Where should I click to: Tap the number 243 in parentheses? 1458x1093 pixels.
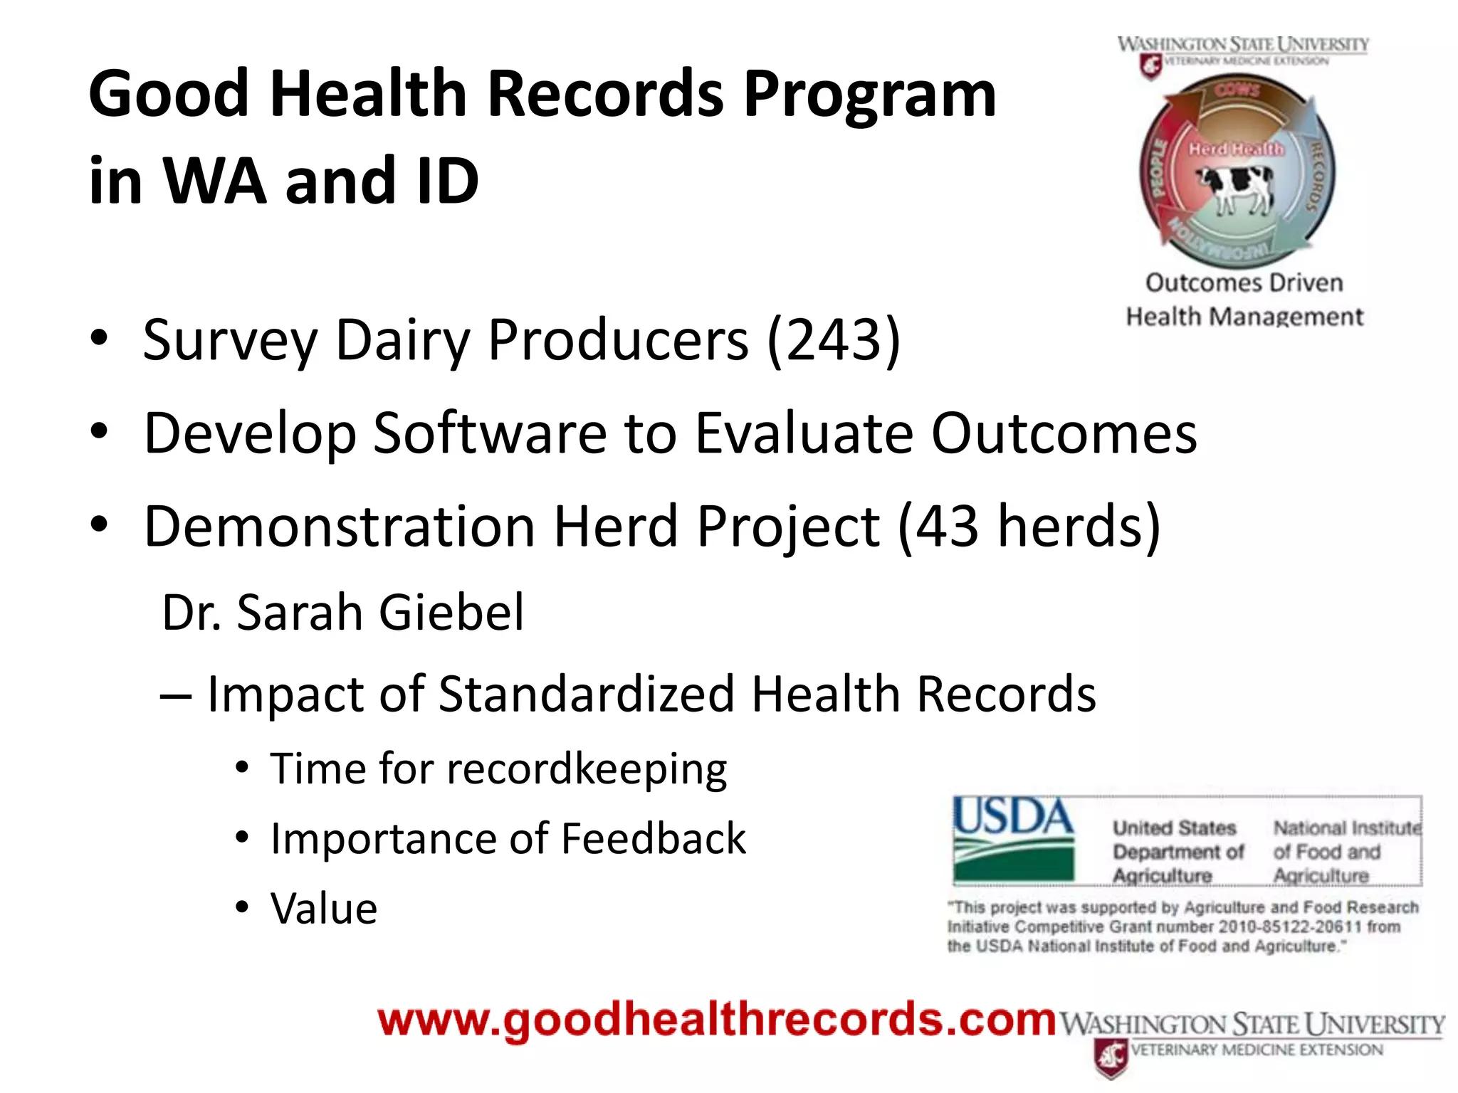tap(834, 340)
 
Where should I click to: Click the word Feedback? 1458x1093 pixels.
tap(653, 838)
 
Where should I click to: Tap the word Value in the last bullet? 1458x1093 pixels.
tap(324, 909)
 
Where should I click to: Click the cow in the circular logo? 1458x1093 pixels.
tap(1237, 187)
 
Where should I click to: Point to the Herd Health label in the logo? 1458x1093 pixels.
tap(1237, 149)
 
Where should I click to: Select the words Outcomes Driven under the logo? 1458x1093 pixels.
tap(1244, 283)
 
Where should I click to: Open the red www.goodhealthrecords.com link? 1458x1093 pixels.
tap(716, 1020)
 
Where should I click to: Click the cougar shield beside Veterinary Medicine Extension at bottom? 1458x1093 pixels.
tap(1110, 1057)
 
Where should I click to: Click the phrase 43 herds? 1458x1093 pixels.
tap(1029, 527)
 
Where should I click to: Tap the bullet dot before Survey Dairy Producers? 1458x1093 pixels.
tap(100, 337)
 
